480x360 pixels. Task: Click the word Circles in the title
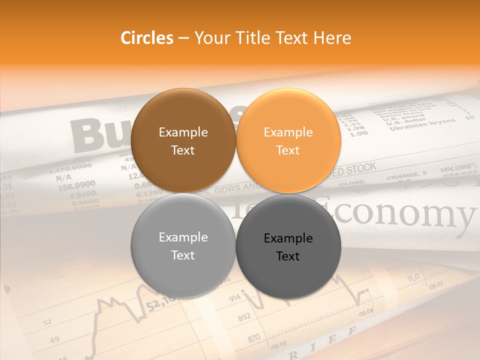tap(146, 38)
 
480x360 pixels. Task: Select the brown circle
tap(183, 140)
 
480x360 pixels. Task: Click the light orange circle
tap(288, 140)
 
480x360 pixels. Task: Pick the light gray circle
tap(183, 245)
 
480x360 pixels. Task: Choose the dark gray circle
tap(288, 246)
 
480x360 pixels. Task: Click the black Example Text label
tap(288, 247)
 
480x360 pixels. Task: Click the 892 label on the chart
tap(243, 316)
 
